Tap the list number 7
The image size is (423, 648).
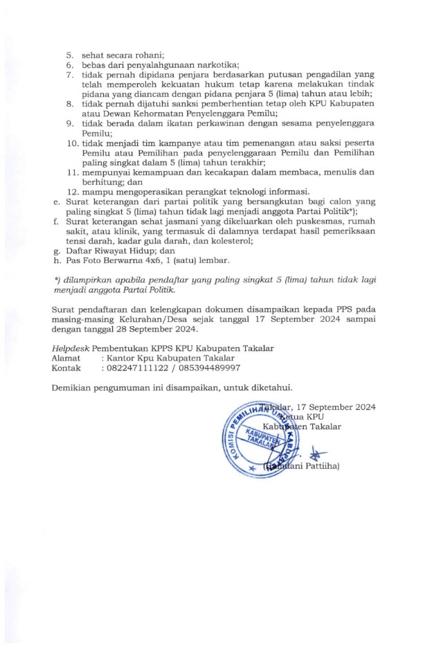point(71,74)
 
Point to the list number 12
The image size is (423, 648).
point(72,192)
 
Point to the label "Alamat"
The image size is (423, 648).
point(66,358)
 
